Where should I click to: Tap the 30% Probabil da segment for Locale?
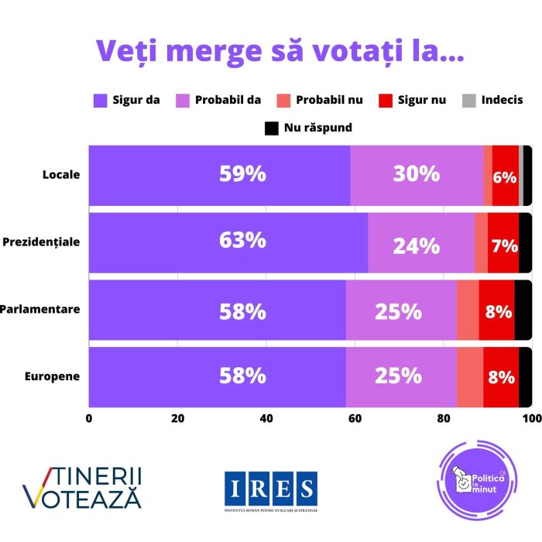click(x=416, y=174)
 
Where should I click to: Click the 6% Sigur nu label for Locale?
click(x=504, y=177)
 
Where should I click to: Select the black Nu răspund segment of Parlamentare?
click(x=523, y=310)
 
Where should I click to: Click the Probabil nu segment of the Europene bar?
click(x=470, y=377)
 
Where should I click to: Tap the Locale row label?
click(x=61, y=174)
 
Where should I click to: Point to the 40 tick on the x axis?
click(x=266, y=419)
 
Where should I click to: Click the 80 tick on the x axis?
click(x=443, y=419)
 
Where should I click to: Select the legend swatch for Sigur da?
click(x=100, y=100)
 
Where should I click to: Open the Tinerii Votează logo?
click(x=83, y=488)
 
